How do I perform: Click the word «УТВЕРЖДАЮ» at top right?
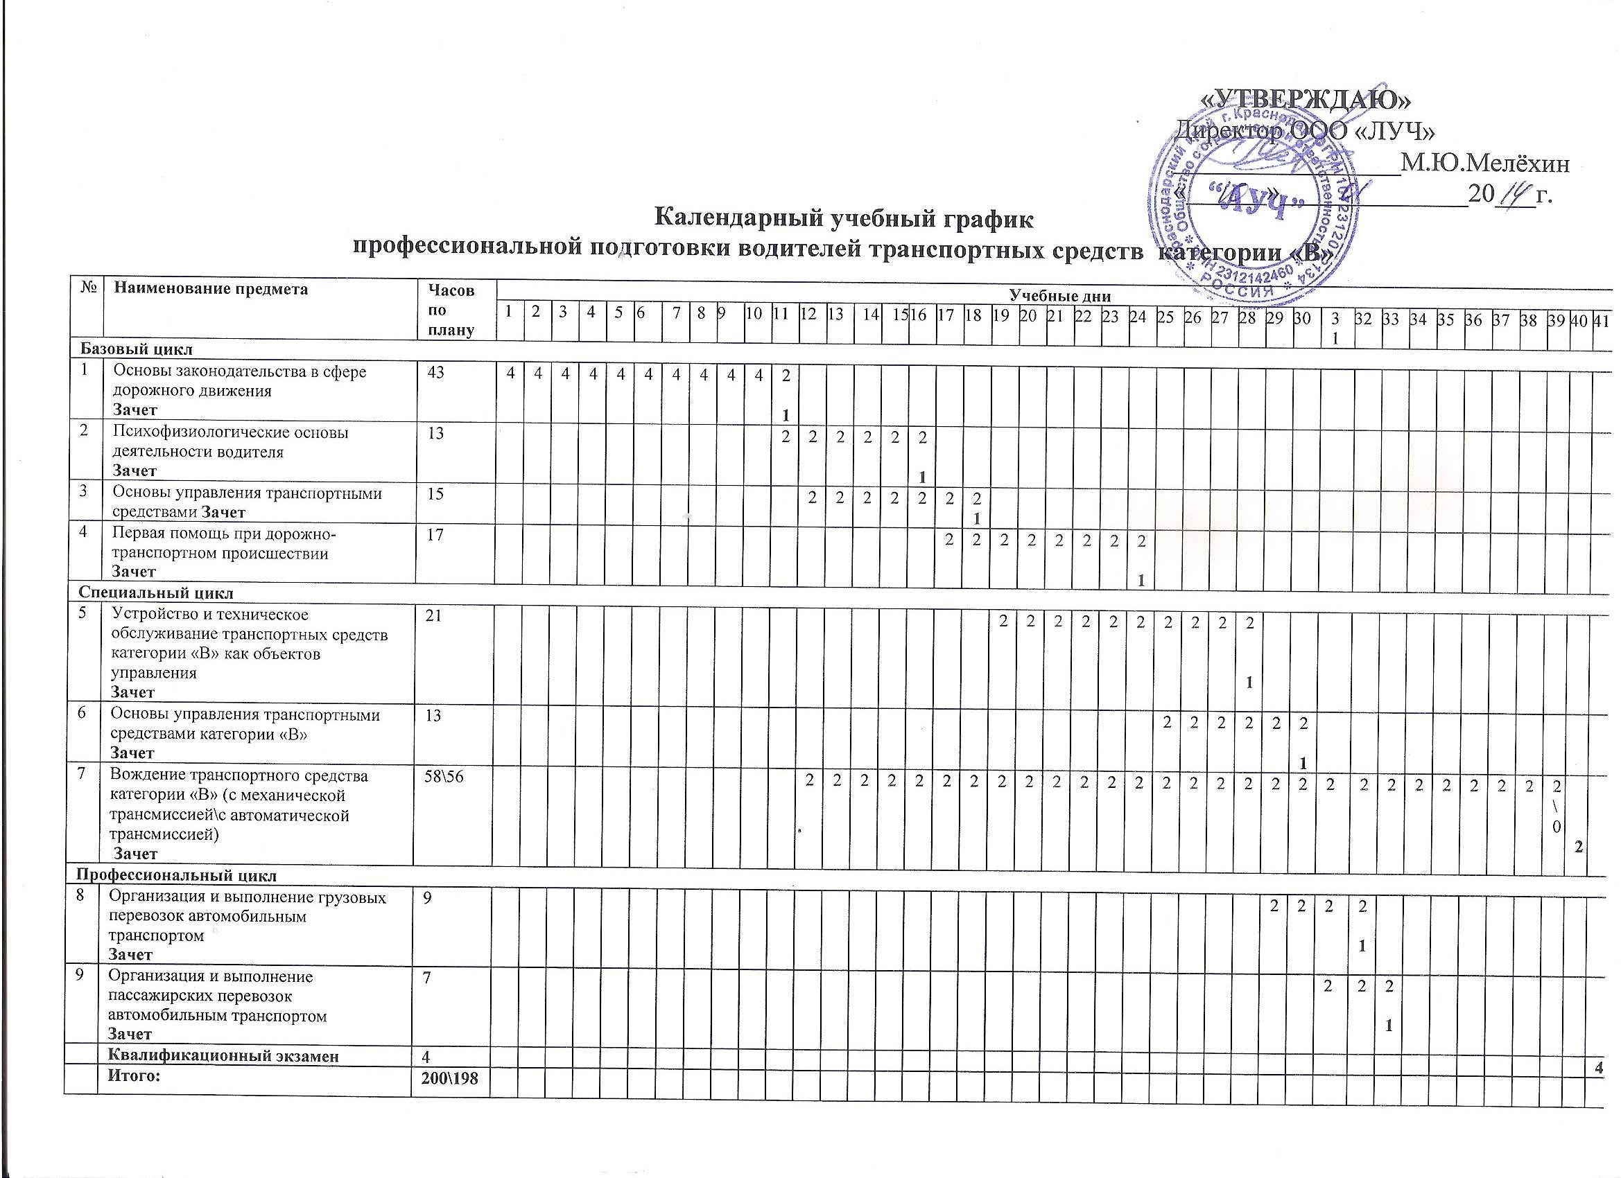tap(1303, 98)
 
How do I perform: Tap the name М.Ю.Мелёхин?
tap(1485, 164)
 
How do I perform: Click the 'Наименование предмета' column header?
tap(211, 290)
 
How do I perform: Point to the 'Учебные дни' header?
tap(1059, 294)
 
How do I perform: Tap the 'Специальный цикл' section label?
tap(155, 593)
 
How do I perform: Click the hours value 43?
tap(435, 372)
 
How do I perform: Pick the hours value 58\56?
tap(444, 777)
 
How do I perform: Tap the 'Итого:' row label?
tap(133, 1076)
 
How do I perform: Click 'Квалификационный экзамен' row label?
tap(223, 1056)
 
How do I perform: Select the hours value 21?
tap(433, 615)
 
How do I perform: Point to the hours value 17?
tap(435, 534)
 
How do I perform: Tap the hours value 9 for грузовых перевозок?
tap(426, 898)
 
